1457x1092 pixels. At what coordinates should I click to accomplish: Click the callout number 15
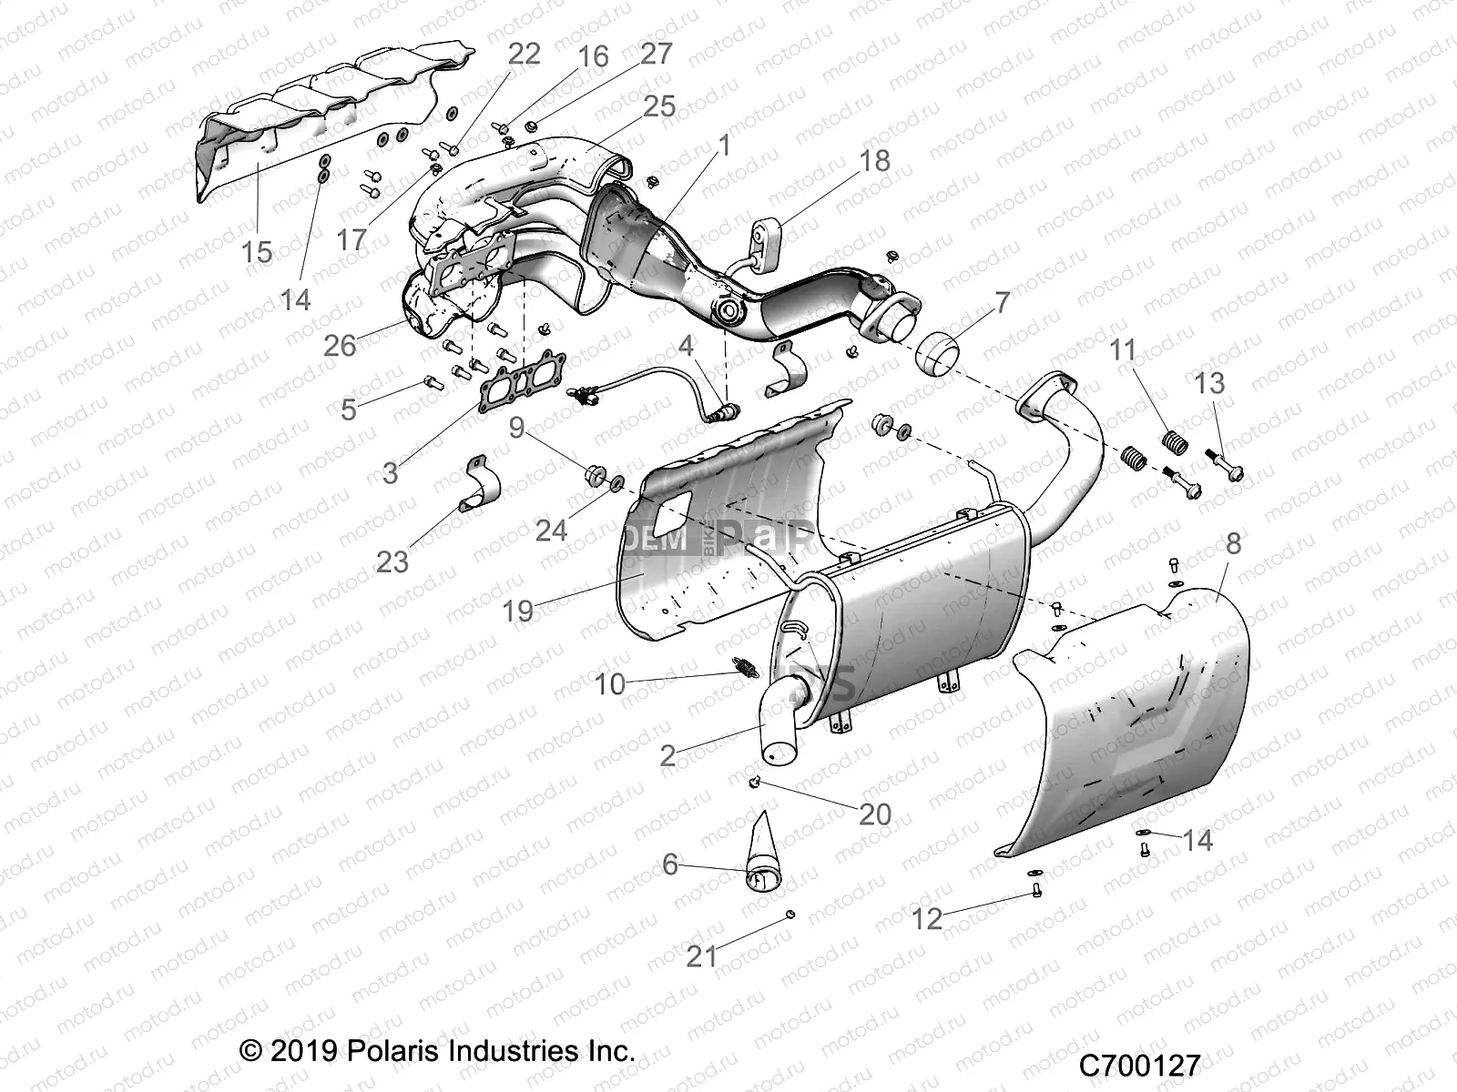point(257,251)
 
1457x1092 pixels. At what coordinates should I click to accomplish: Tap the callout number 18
point(874,160)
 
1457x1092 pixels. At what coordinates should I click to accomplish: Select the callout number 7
point(1003,301)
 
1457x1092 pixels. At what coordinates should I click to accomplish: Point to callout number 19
point(518,611)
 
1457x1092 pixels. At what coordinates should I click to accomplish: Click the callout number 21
point(702,956)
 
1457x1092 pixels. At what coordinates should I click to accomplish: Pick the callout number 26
point(341,345)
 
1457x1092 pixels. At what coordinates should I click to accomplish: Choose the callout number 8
point(1233,544)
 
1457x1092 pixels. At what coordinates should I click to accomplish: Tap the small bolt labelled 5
point(433,382)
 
